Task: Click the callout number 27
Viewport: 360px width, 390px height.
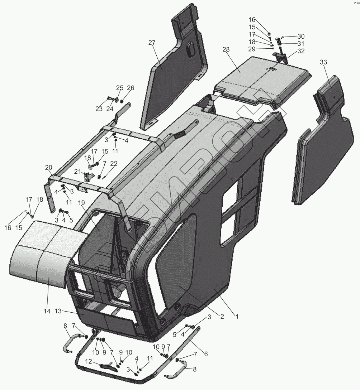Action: pyautogui.click(x=152, y=43)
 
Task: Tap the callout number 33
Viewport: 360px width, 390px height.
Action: pyautogui.click(x=323, y=62)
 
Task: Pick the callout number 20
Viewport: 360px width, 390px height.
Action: pyautogui.click(x=48, y=167)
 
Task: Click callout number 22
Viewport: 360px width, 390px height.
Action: pyautogui.click(x=114, y=163)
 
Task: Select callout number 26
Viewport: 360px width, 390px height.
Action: pyautogui.click(x=130, y=88)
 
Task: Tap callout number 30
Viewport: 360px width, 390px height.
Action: pyautogui.click(x=301, y=36)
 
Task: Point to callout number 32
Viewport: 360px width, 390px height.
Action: pyautogui.click(x=301, y=51)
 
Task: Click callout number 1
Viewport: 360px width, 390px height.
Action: pyautogui.click(x=236, y=316)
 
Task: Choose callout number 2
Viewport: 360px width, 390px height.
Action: pyautogui.click(x=222, y=316)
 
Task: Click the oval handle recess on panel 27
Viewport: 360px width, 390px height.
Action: pyautogui.click(x=190, y=48)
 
